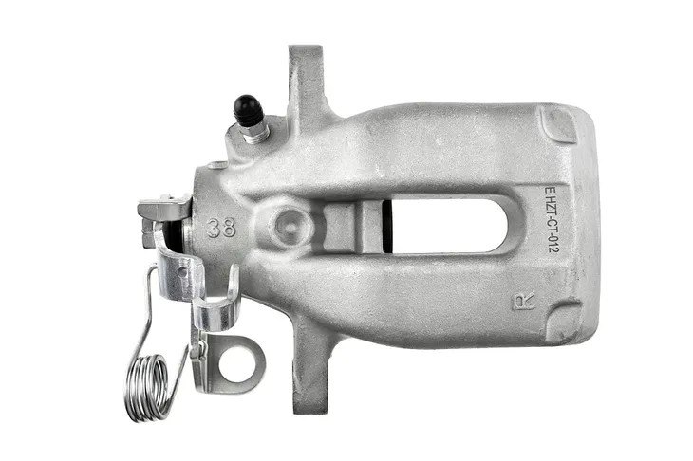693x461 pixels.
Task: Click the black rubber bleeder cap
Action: pos(248,110)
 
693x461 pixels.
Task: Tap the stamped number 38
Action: pos(221,228)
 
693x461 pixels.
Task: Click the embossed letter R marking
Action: pos(523,302)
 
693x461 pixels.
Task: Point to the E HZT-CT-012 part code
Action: pos(552,219)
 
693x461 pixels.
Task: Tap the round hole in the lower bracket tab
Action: pos(236,363)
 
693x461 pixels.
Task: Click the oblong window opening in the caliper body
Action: pos(449,226)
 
